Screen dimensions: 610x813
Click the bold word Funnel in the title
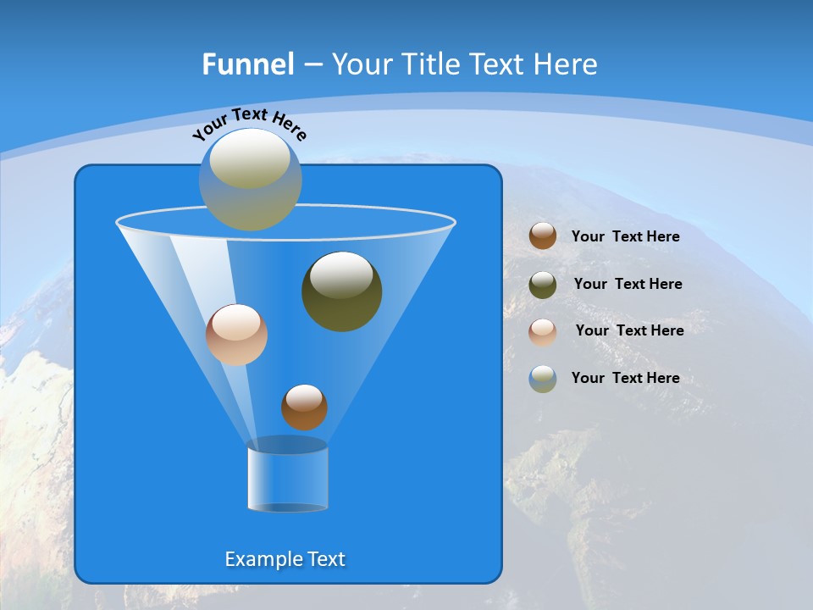click(x=248, y=64)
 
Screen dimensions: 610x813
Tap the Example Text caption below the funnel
click(x=285, y=559)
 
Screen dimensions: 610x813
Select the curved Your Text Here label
click(x=249, y=123)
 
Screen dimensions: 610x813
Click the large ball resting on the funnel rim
click(x=251, y=180)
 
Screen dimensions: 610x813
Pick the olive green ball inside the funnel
click(x=342, y=291)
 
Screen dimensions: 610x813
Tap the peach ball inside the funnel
click(x=236, y=335)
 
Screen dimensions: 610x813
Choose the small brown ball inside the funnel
click(x=304, y=408)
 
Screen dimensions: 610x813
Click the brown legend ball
click(x=543, y=236)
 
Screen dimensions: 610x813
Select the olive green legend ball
click(x=543, y=284)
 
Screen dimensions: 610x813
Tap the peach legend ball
click(x=543, y=331)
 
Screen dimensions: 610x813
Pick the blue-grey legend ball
click(x=543, y=379)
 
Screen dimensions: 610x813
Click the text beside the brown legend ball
click(x=625, y=236)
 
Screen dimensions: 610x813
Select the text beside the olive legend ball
click(x=628, y=284)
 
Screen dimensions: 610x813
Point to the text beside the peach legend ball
click(x=629, y=330)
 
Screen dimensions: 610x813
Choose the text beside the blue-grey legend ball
click(x=625, y=378)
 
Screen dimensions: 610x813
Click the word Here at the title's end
click(x=568, y=64)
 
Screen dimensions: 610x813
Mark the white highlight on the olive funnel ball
click(x=342, y=275)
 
